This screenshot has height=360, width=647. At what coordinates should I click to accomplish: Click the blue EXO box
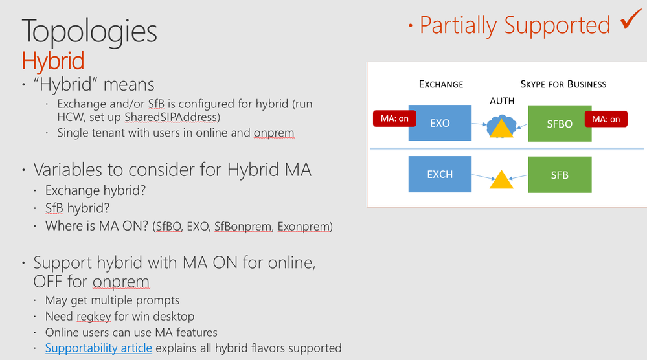(x=440, y=123)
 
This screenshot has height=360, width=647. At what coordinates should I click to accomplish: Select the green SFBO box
(x=560, y=124)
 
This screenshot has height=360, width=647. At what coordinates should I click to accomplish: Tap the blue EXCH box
(x=440, y=174)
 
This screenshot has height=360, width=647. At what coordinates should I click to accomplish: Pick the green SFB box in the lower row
(x=560, y=175)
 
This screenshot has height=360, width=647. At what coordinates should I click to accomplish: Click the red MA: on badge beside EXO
(x=394, y=118)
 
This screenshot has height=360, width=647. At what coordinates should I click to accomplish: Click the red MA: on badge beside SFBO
(x=606, y=119)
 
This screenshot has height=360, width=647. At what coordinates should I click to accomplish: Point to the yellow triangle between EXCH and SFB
(x=501, y=179)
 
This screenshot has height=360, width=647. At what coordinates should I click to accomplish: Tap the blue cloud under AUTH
(x=502, y=126)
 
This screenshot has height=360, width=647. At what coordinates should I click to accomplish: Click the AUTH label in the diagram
(x=502, y=101)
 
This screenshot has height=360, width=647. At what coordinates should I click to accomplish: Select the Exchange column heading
(x=441, y=85)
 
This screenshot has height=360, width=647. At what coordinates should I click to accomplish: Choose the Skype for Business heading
(x=563, y=85)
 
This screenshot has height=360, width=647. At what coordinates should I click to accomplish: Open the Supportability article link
(x=98, y=348)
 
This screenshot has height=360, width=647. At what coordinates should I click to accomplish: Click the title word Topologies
(x=89, y=31)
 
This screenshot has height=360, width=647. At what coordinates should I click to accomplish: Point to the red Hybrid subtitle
(x=53, y=61)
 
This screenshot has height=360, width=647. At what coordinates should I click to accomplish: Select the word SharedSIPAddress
(x=171, y=117)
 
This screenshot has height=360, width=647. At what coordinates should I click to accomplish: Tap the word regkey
(x=94, y=316)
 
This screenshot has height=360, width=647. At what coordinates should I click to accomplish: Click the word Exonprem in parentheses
(x=304, y=227)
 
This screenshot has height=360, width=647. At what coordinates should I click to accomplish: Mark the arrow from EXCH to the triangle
(x=484, y=177)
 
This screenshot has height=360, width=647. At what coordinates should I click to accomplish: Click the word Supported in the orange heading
(x=557, y=25)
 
